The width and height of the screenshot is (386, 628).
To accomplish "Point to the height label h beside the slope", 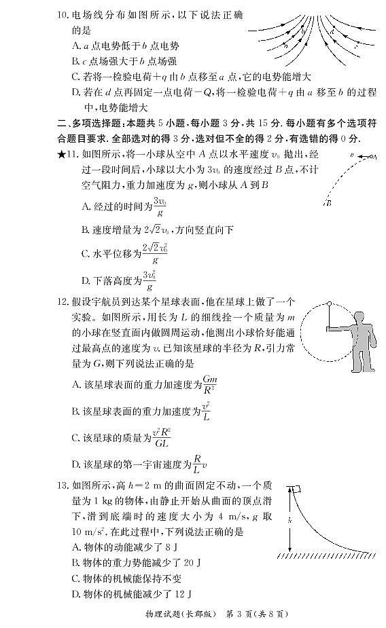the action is point(287,519).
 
